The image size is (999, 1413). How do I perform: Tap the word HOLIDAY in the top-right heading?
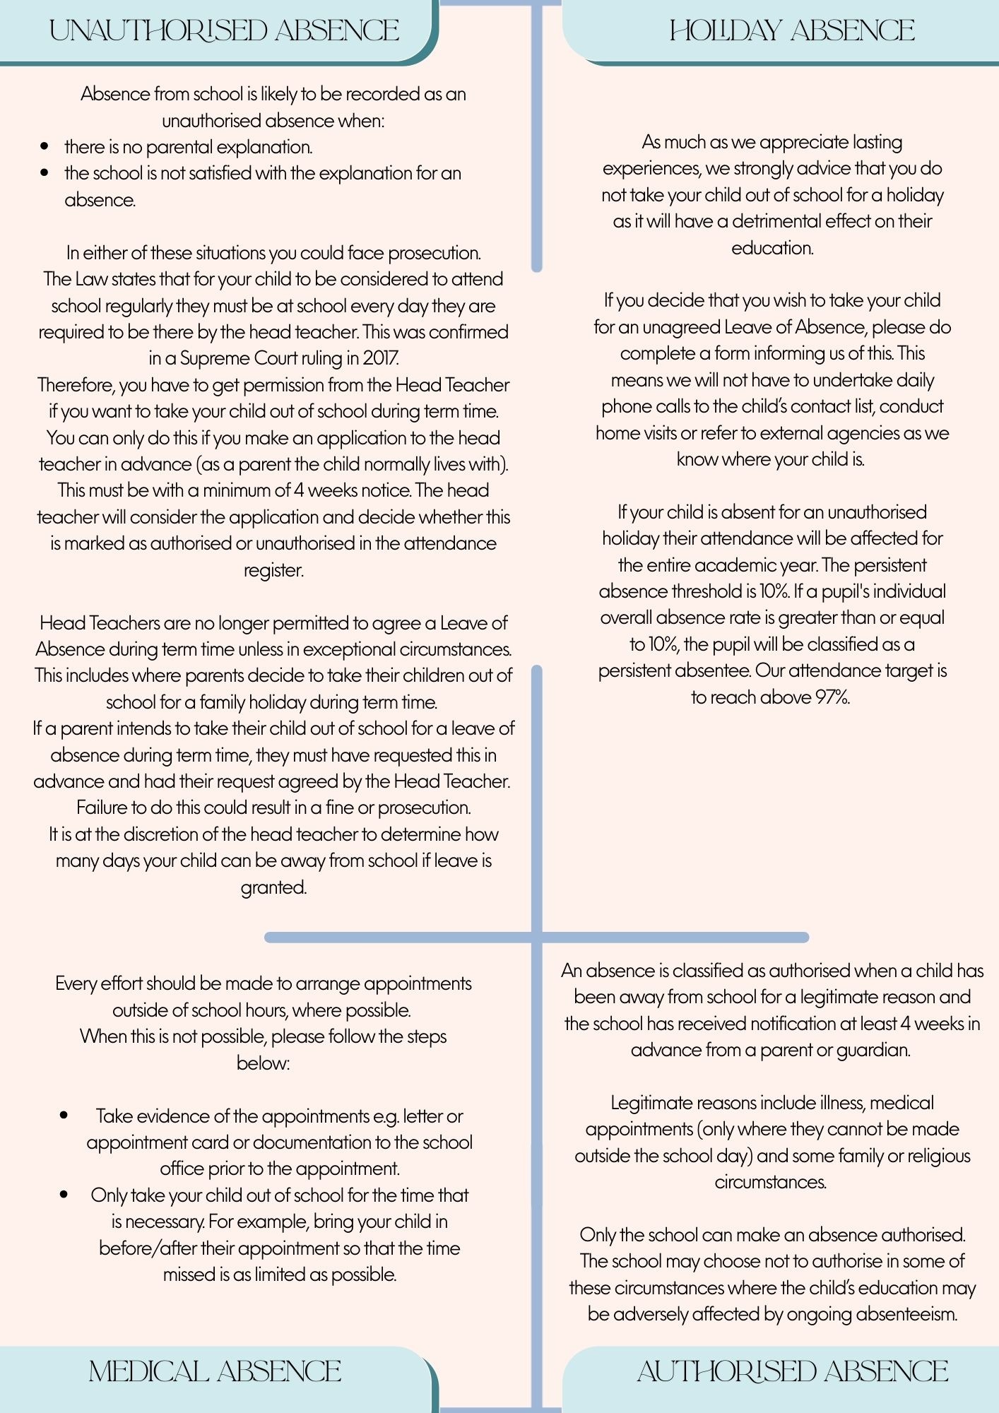tap(726, 31)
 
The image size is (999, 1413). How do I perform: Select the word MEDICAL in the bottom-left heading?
tap(148, 1372)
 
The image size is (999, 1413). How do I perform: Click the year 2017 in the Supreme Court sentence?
tap(381, 358)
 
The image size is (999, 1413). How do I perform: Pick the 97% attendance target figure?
tap(832, 697)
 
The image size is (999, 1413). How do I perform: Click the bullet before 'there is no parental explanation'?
tap(45, 147)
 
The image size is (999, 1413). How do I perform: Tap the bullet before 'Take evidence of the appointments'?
tap(64, 1116)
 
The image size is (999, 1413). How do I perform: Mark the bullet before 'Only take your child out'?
tap(64, 1195)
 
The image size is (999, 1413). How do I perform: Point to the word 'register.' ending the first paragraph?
tap(273, 569)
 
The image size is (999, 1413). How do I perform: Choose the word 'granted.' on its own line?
tap(273, 887)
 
